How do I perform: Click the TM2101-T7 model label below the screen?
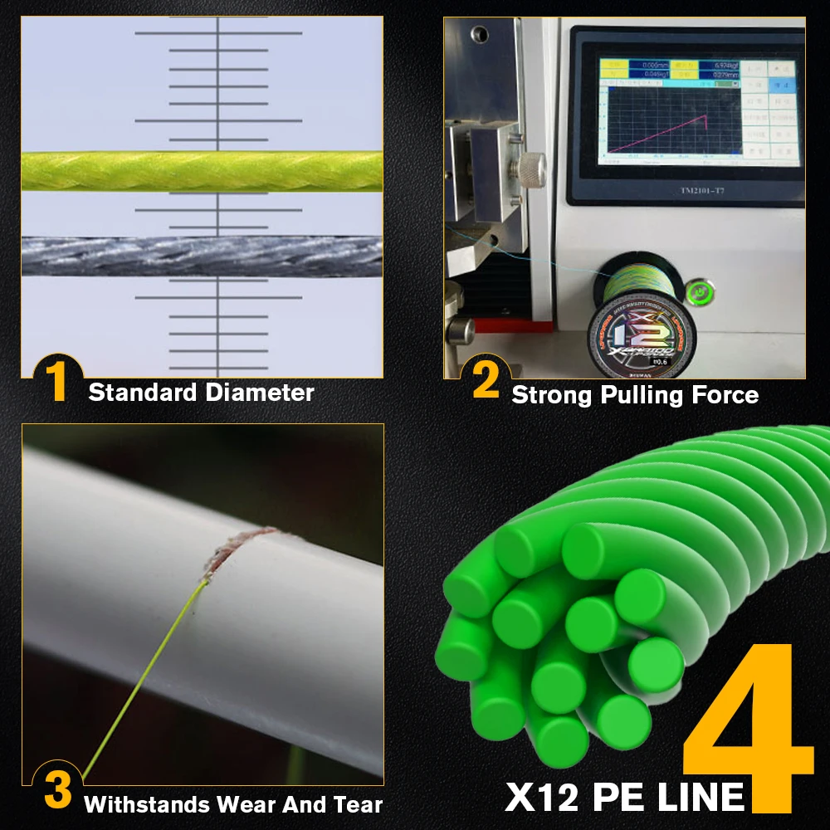click(x=686, y=189)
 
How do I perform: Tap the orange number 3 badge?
click(x=57, y=791)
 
